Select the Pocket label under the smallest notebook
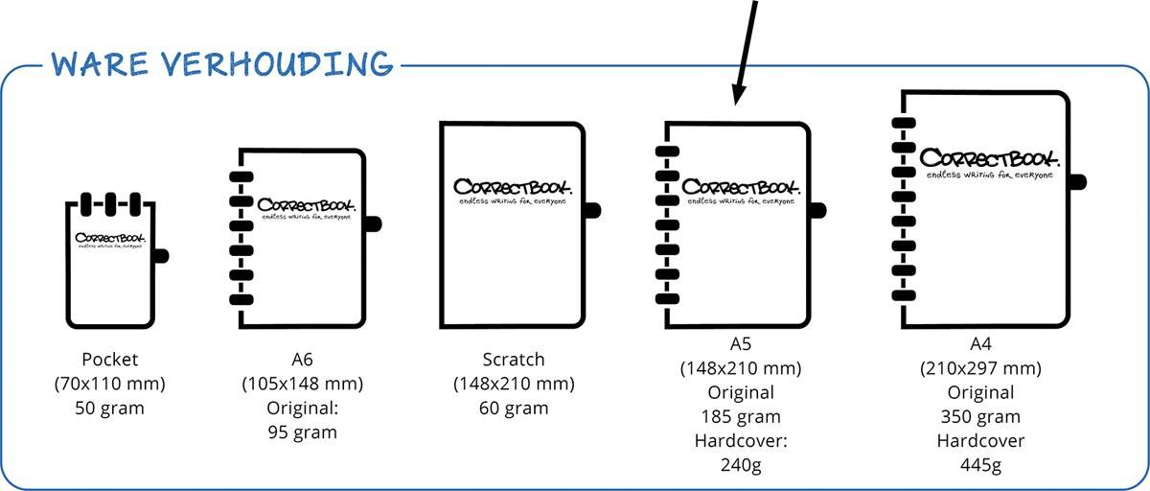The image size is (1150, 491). (x=111, y=360)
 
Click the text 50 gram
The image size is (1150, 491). (x=111, y=408)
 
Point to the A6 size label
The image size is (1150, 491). (x=303, y=360)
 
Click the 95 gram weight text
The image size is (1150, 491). (x=303, y=432)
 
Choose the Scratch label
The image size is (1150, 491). (x=514, y=360)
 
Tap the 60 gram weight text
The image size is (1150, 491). (x=514, y=408)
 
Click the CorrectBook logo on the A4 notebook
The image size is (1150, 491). (x=988, y=158)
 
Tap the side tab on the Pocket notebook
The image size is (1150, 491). (x=160, y=255)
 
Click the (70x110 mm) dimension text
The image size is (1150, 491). (x=111, y=384)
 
